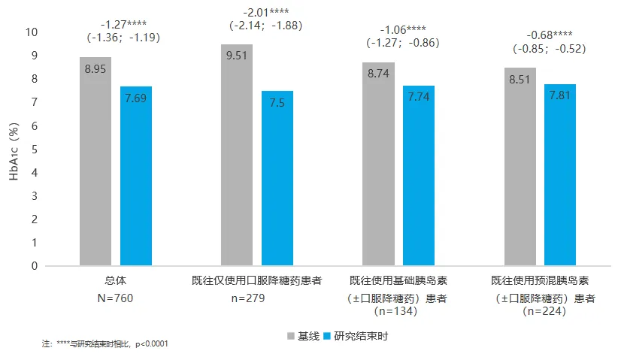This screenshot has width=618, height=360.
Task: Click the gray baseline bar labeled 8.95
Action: click(95, 161)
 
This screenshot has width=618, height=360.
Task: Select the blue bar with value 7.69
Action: click(135, 176)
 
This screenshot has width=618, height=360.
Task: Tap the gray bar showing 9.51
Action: click(237, 155)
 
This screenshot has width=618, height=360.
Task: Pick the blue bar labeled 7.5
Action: click(277, 178)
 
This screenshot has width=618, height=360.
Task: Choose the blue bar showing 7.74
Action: click(419, 175)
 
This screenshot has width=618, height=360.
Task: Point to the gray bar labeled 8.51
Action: click(520, 166)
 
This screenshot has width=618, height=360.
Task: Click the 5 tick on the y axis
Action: click(33, 149)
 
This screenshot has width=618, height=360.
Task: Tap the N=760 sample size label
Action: click(116, 298)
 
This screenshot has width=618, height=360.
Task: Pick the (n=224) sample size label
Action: click(539, 310)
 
